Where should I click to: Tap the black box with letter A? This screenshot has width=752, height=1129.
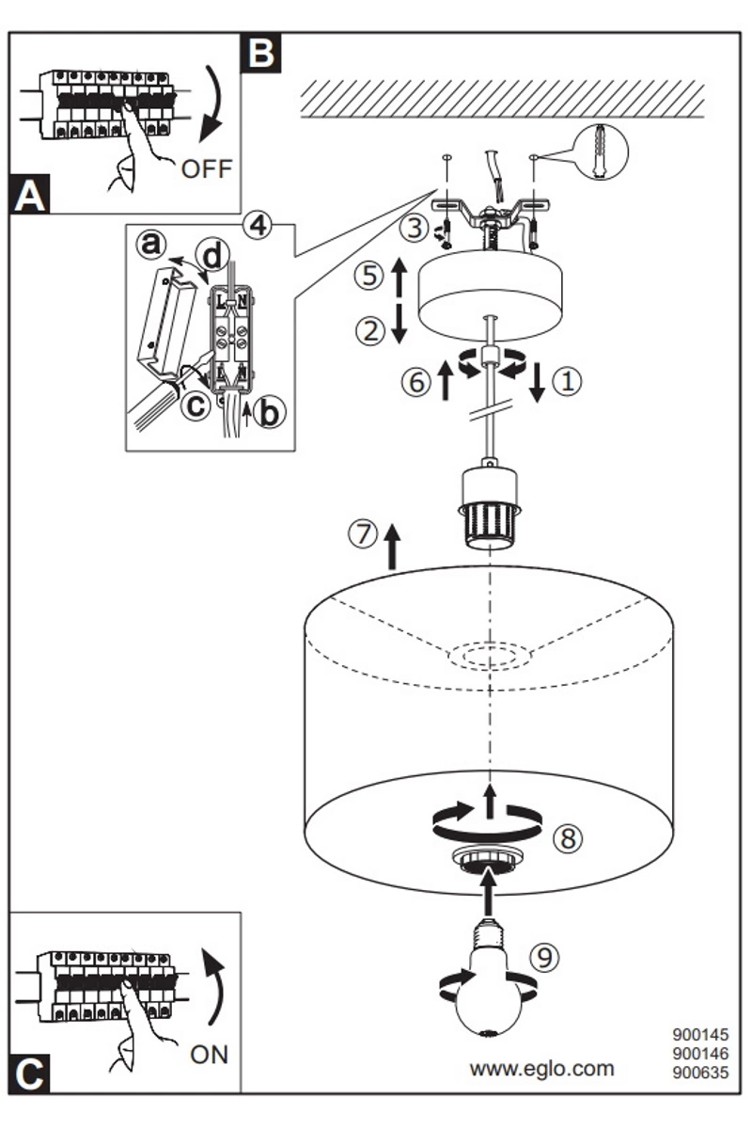(30, 194)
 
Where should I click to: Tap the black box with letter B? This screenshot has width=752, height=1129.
(261, 53)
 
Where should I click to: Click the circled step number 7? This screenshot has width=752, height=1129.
(363, 533)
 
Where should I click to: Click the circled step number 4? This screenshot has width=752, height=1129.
(258, 225)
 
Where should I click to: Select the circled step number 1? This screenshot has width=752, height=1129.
(567, 381)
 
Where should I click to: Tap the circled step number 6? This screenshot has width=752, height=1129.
(416, 382)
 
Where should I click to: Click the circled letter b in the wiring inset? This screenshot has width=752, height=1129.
(270, 412)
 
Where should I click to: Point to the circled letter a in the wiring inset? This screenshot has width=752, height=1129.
(151, 245)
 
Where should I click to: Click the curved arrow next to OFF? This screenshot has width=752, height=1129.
(211, 104)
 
